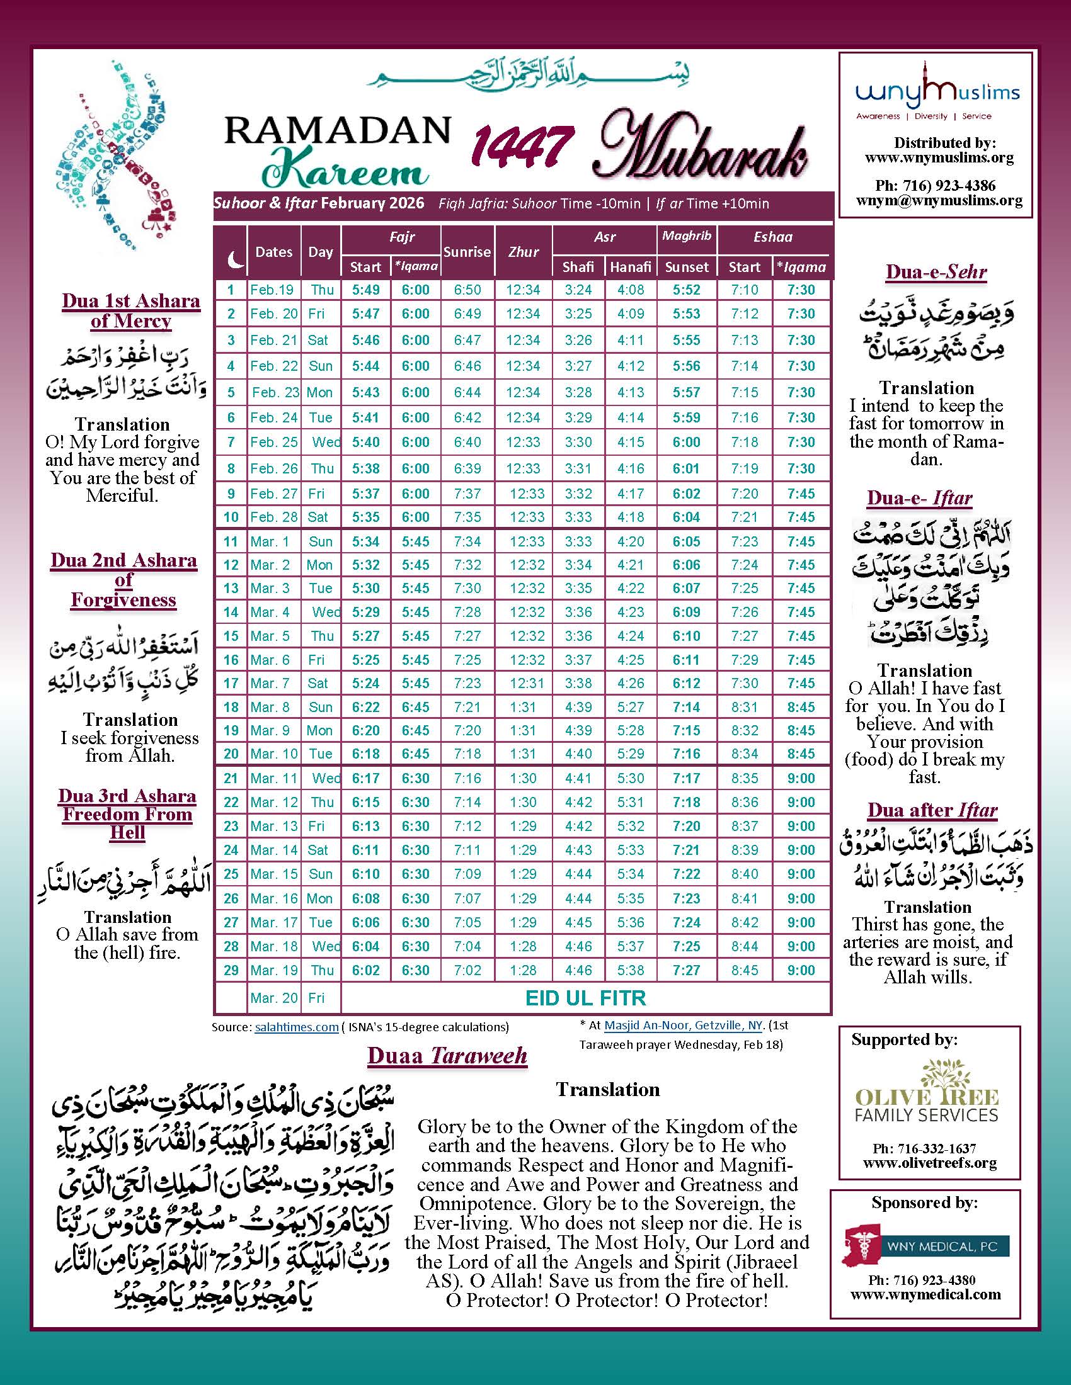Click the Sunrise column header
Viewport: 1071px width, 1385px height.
point(467,252)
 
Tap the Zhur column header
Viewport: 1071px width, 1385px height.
point(524,252)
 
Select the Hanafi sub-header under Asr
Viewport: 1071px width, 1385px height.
point(630,267)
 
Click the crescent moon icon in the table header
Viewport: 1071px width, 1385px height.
point(235,258)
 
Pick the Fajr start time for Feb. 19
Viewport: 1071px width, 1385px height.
point(365,290)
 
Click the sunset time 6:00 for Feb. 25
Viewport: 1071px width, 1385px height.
point(686,442)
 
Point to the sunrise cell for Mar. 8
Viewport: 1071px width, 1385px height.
point(467,707)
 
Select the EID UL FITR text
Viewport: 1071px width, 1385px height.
point(586,998)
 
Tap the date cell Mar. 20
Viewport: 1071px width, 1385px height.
point(273,998)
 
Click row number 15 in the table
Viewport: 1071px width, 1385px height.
point(231,636)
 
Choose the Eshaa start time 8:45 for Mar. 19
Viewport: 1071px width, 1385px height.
point(744,970)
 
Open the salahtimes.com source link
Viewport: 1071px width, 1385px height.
point(296,1027)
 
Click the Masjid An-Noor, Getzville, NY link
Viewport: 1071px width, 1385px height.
point(679,1025)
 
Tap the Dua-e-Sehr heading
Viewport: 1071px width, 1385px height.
point(936,272)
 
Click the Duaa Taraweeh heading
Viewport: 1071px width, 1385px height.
point(447,1056)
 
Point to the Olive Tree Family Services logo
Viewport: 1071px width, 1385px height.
point(926,1102)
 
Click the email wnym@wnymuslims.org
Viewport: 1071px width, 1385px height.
point(939,201)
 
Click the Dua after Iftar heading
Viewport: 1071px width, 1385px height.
point(932,810)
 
